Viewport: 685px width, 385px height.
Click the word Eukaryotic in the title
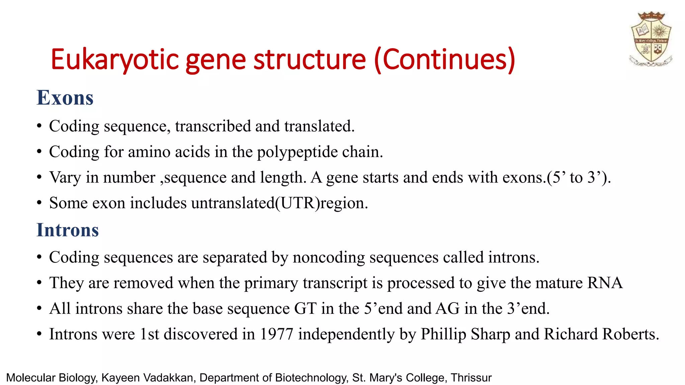115,60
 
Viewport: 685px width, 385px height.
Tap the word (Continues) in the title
445,60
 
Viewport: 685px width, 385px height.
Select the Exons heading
65,98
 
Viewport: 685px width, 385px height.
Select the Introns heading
68,230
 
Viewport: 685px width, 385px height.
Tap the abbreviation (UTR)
297,203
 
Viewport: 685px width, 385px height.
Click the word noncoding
329,258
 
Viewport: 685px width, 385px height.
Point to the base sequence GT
305,308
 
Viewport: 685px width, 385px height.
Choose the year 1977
276,334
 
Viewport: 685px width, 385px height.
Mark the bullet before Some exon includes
39,203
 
